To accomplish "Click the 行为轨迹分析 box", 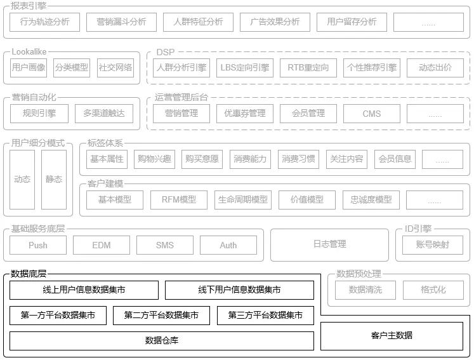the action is pyautogui.click(x=45, y=22).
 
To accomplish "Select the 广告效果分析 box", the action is pyautogui.click(x=275, y=22).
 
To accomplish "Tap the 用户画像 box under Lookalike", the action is pyautogui.click(x=29, y=68).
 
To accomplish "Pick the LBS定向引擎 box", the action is pyautogui.click(x=245, y=68).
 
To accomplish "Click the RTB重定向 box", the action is pyautogui.click(x=308, y=68).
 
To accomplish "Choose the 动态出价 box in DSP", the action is pyautogui.click(x=435, y=68).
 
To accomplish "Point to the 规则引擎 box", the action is pyautogui.click(x=39, y=114).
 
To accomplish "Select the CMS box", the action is pyautogui.click(x=372, y=114).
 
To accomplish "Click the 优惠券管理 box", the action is pyautogui.click(x=245, y=114).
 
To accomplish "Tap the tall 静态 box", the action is pyautogui.click(x=54, y=180).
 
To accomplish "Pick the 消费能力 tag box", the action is pyautogui.click(x=250, y=159).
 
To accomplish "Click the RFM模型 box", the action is pyautogui.click(x=179, y=200).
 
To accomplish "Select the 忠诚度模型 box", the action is pyautogui.click(x=371, y=200).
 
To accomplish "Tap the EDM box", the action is pyautogui.click(x=102, y=245).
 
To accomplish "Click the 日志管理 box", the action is pyautogui.click(x=329, y=244).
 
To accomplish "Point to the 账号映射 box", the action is pyautogui.click(x=433, y=245).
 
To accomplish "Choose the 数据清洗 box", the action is pyautogui.click(x=365, y=290).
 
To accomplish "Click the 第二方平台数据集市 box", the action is pyautogui.click(x=161, y=316).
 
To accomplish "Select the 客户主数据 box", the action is pyautogui.click(x=392, y=336).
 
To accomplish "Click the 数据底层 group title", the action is pyautogui.click(x=29, y=274).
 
